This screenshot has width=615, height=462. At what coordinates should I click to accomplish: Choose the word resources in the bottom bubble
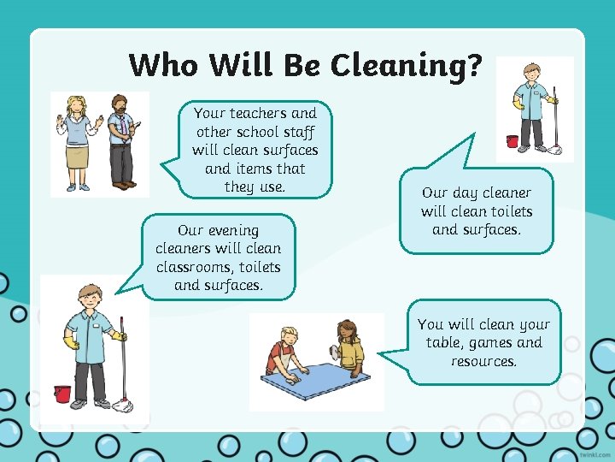point(484,361)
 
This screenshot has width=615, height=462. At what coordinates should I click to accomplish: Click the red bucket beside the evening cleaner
point(62,394)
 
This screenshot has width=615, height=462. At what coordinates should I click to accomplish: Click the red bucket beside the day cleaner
point(512,141)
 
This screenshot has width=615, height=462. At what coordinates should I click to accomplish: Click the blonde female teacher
point(77,141)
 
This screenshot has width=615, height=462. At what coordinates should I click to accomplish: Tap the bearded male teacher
point(120,141)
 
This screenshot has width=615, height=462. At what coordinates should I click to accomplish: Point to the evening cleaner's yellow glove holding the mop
point(120,336)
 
